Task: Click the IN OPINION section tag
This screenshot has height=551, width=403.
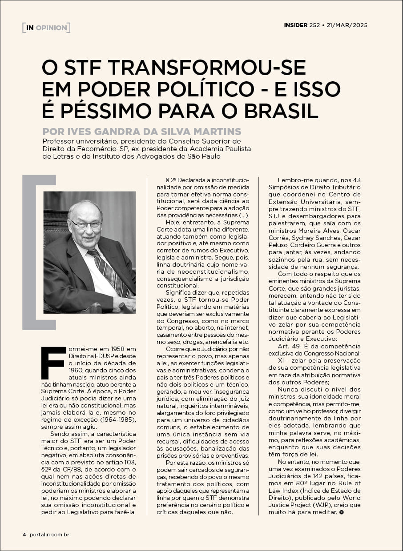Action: (46, 28)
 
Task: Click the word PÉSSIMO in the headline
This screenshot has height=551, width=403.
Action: (117, 111)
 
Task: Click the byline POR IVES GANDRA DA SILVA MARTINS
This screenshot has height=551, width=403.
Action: (142, 132)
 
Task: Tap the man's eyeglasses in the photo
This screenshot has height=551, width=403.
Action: (85, 224)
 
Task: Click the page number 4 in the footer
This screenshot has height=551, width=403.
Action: (24, 534)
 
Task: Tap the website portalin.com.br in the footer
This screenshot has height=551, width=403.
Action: (49, 534)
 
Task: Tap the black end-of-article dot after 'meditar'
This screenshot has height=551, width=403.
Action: (341, 512)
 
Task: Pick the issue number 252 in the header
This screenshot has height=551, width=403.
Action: (314, 25)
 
